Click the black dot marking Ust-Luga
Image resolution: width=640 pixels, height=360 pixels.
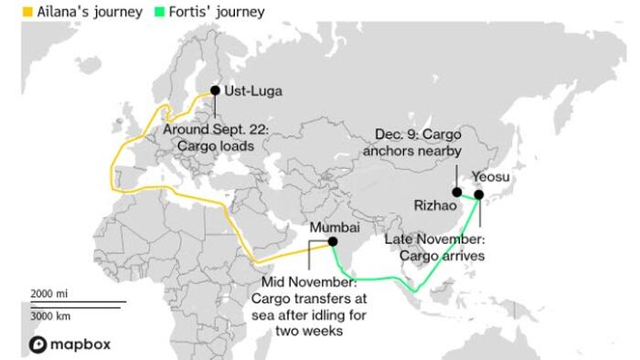(x=215, y=90)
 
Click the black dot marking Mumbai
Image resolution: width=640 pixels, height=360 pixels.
(x=333, y=242)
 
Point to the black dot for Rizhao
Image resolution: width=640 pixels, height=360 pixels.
(x=456, y=191)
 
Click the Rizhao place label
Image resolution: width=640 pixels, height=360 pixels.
(x=434, y=207)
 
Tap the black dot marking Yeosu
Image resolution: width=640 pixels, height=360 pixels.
(x=478, y=195)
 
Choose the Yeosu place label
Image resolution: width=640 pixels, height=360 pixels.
(x=491, y=175)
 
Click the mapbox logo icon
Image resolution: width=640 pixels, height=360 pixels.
(x=37, y=344)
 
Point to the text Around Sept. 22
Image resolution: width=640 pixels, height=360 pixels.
(x=216, y=130)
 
